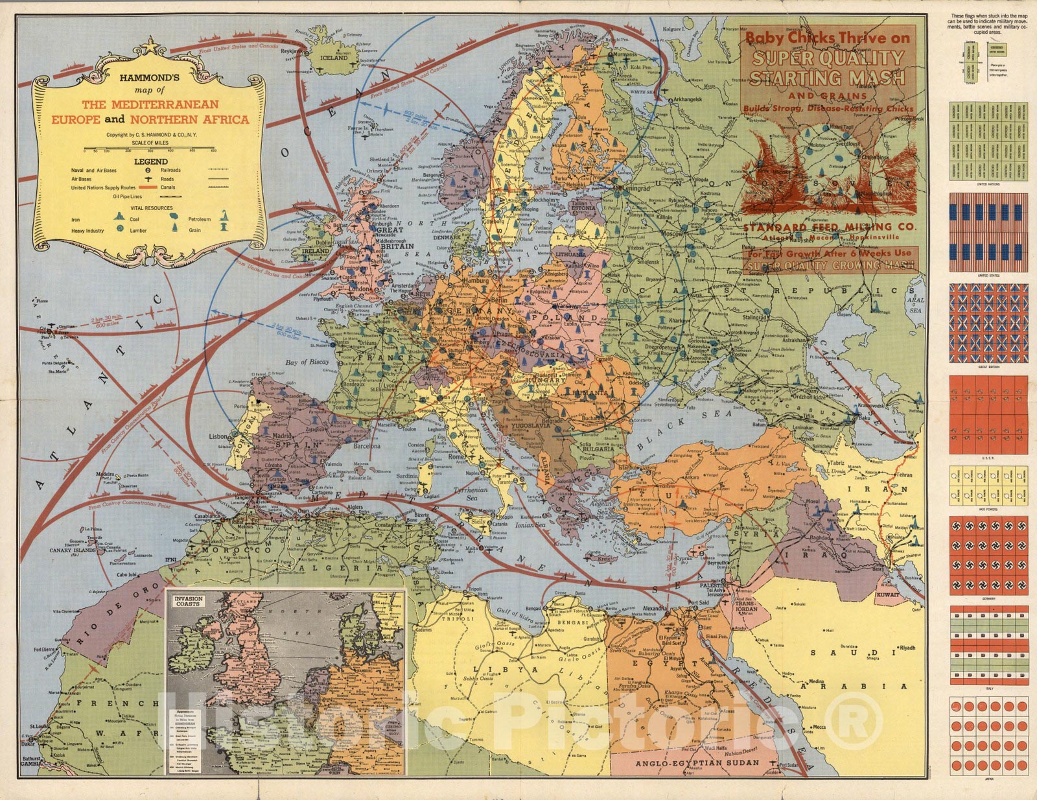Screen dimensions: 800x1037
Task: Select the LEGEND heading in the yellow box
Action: pyautogui.click(x=150, y=161)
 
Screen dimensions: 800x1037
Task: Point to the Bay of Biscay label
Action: pyautogui.click(x=307, y=362)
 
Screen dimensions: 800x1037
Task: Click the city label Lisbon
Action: pyautogui.click(x=218, y=437)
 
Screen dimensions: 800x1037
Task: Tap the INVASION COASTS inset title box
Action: pyautogui.click(x=187, y=600)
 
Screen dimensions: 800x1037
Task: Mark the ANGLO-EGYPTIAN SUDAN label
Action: pyautogui.click(x=697, y=762)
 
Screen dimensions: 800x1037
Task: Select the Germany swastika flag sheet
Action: pyautogui.click(x=988, y=555)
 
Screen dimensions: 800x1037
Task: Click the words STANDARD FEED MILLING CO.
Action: pyautogui.click(x=829, y=227)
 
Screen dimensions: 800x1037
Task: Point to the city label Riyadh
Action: pyautogui.click(x=907, y=648)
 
